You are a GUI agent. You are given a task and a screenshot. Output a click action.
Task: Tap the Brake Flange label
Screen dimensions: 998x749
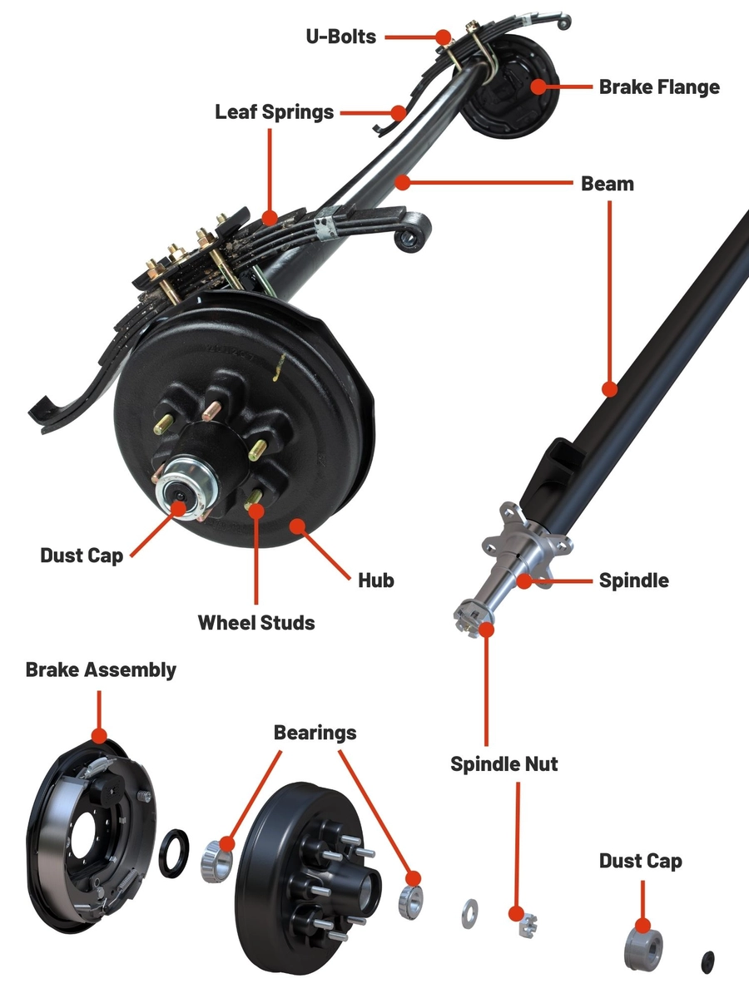(659, 86)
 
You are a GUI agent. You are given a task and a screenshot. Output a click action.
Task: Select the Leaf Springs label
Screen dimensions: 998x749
(274, 111)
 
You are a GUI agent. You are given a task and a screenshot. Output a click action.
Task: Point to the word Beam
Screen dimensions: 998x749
(607, 183)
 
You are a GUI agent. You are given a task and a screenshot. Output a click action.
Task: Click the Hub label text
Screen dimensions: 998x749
(375, 580)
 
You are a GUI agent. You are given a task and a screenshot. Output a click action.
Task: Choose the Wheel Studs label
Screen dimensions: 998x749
(256, 621)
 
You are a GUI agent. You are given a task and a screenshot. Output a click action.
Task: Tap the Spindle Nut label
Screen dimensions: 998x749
(503, 763)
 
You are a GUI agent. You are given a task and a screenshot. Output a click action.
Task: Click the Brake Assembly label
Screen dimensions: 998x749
(101, 669)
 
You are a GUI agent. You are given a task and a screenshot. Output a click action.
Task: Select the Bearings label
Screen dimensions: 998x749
(315, 732)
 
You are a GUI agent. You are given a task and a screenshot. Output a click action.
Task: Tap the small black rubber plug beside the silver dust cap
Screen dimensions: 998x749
(708, 960)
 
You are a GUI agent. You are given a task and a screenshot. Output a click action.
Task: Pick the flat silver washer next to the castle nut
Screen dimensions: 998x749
(469, 913)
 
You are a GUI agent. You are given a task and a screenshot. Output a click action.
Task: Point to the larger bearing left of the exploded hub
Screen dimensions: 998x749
(217, 862)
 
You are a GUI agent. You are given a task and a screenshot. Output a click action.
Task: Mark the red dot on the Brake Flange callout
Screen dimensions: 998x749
(539, 86)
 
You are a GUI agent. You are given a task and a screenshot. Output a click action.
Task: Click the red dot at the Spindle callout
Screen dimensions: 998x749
(523, 580)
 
